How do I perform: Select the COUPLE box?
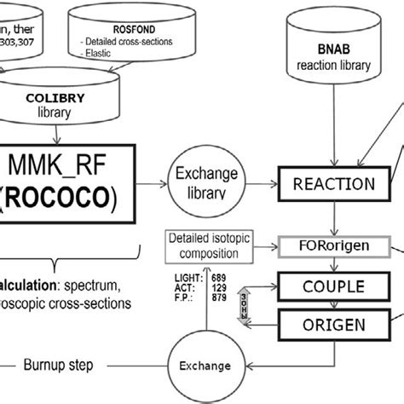(x=328, y=288)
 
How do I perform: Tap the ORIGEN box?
(x=328, y=325)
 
